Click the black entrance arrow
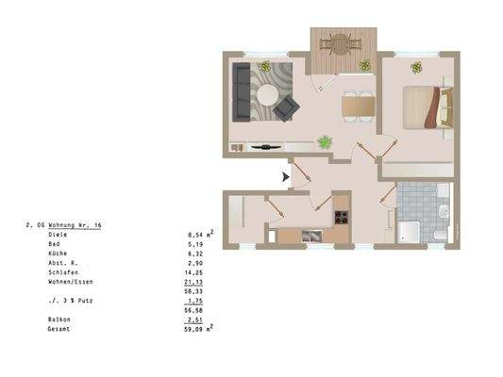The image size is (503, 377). pos(286,175)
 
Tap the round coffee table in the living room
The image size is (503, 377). pos(269,95)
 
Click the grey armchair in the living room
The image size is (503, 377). pos(286,107)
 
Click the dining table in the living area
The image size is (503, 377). pos(357,106)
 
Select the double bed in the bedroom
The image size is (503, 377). pos(426,107)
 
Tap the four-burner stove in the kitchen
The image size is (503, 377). pos(342,217)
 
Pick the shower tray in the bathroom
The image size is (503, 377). pos(411,231)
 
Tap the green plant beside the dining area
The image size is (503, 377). pos(326,142)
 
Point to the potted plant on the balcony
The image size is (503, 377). pos(364,65)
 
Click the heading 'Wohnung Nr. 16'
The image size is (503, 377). pos(75,226)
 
